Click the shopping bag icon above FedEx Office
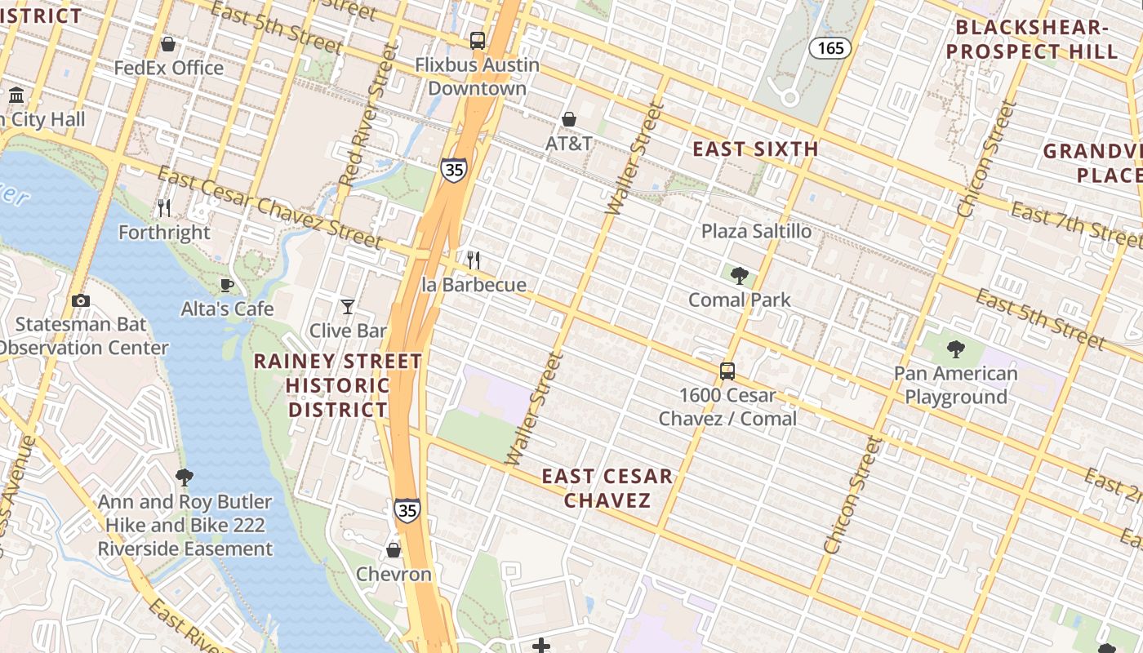(x=168, y=44)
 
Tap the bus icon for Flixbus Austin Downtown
(x=478, y=40)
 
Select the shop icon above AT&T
(x=569, y=120)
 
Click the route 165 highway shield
(x=830, y=48)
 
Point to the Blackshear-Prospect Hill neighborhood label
(x=1036, y=39)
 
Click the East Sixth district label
(x=755, y=149)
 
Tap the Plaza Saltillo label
(x=757, y=231)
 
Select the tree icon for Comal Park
(x=740, y=276)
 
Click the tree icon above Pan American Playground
(x=955, y=350)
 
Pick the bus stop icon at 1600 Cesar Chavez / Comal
(x=727, y=371)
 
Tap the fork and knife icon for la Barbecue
(x=474, y=261)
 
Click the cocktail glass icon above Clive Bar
(x=348, y=307)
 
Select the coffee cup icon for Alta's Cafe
(x=227, y=286)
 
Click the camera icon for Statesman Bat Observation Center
(x=80, y=300)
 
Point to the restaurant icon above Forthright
(x=164, y=208)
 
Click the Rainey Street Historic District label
(x=338, y=385)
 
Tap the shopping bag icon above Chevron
(x=394, y=550)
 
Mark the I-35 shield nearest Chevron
(x=407, y=510)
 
